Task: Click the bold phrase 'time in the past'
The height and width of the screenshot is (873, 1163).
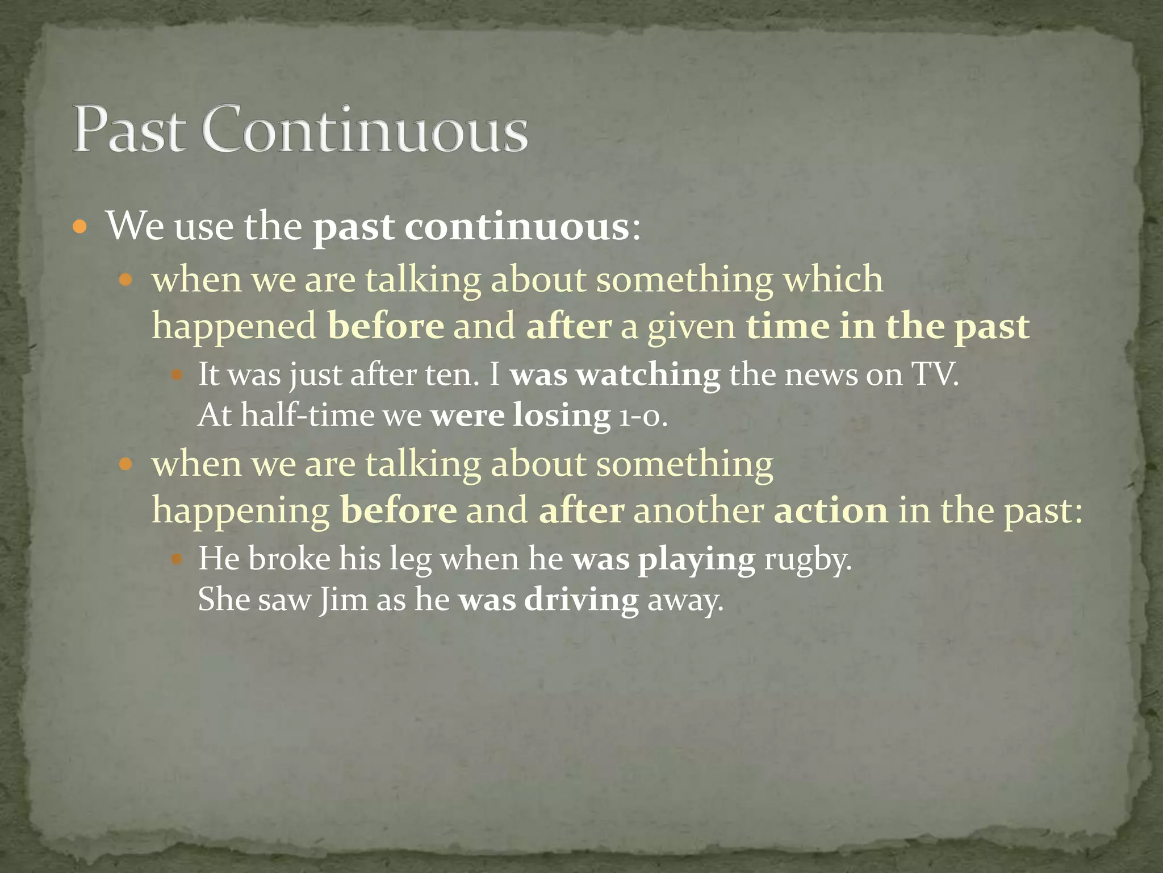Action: click(x=888, y=326)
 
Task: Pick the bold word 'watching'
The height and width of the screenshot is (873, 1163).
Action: click(x=648, y=375)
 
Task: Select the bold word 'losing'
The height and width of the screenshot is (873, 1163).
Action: click(x=562, y=415)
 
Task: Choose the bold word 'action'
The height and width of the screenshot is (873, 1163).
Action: click(x=831, y=510)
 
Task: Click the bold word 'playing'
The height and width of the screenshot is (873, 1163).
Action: click(x=696, y=559)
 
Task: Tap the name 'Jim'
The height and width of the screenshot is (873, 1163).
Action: click(x=343, y=600)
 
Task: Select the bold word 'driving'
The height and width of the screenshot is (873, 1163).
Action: click(x=581, y=600)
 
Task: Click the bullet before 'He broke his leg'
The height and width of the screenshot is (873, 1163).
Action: click(x=177, y=559)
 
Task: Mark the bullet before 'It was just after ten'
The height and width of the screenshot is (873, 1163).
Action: click(x=177, y=375)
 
